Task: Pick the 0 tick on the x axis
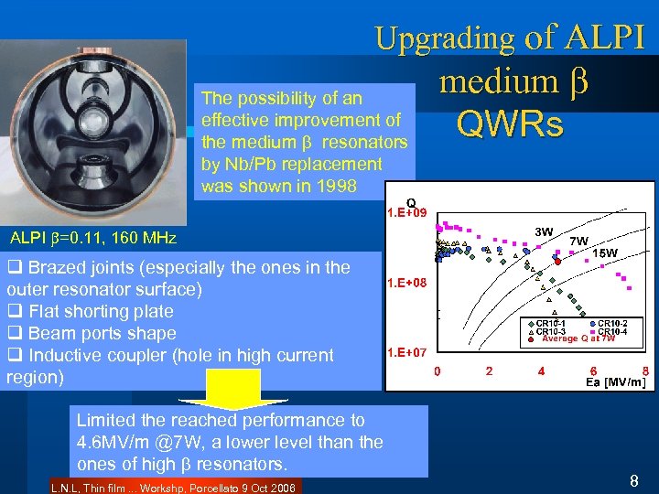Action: pyautogui.click(x=437, y=371)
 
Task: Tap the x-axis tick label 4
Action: pyautogui.click(x=542, y=371)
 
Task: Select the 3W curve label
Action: pyautogui.click(x=544, y=231)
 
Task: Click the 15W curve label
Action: pyautogui.click(x=605, y=252)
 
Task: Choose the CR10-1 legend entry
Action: pyautogui.click(x=549, y=323)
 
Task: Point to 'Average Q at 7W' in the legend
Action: pyautogui.click(x=578, y=338)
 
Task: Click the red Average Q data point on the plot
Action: pyautogui.click(x=557, y=262)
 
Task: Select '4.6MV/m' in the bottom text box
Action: pyautogui.click(x=109, y=444)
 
